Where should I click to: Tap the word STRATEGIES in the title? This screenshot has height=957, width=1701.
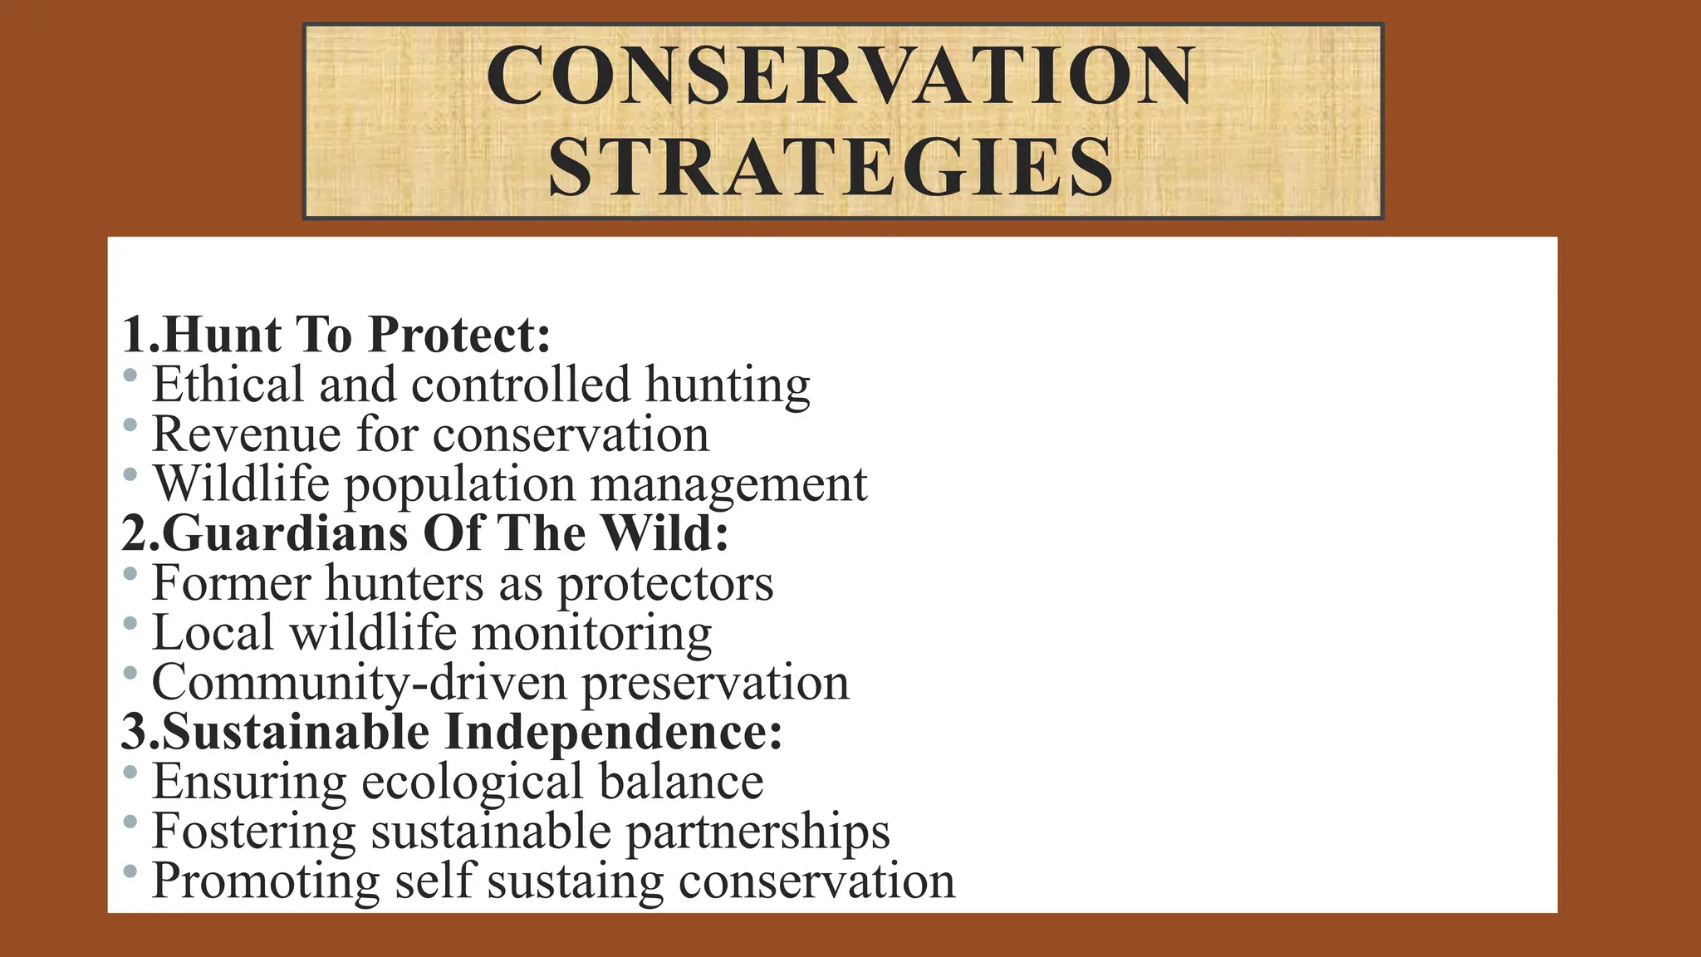(x=831, y=168)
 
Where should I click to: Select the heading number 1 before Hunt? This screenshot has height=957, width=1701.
(x=135, y=335)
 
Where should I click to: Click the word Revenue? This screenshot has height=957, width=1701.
(x=246, y=434)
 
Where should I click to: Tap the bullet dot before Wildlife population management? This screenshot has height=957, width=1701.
(x=130, y=475)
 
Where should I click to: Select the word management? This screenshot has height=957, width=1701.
(x=728, y=484)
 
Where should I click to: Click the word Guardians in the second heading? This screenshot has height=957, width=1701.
(x=285, y=533)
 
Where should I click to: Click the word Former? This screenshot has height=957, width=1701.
(x=231, y=583)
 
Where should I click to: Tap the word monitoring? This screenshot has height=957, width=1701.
(x=591, y=633)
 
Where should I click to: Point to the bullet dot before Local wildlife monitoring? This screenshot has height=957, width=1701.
(x=130, y=623)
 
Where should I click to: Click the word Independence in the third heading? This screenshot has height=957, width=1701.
(x=613, y=732)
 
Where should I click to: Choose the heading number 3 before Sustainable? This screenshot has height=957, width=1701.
(x=135, y=732)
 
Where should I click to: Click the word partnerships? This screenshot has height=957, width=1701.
(x=757, y=832)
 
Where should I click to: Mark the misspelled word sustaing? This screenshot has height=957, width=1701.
(x=575, y=881)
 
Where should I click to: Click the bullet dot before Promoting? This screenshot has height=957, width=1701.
(x=130, y=872)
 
